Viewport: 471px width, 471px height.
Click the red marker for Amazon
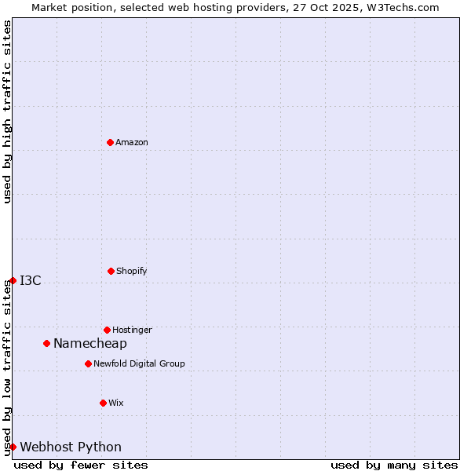(110, 142)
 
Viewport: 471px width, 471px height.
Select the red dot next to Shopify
(111, 271)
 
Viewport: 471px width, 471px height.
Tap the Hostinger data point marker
(107, 330)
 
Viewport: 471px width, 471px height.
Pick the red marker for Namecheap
(46, 343)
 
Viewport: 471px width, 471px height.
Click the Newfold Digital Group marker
(88, 363)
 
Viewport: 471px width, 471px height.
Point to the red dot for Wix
(103, 403)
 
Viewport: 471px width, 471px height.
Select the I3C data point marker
(13, 280)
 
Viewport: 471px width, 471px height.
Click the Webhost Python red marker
(13, 447)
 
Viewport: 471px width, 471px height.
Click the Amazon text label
(132, 142)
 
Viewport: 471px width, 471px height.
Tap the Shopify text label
(131, 271)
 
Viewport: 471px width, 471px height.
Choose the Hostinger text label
(132, 330)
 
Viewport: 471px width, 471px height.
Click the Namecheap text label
(90, 343)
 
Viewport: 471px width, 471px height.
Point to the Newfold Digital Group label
(139, 363)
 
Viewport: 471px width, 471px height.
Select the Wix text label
(116, 403)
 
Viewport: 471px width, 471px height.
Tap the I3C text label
(31, 280)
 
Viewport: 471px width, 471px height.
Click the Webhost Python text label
(71, 447)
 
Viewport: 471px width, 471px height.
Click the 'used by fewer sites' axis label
(81, 465)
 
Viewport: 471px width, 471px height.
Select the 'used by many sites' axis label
(394, 465)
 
